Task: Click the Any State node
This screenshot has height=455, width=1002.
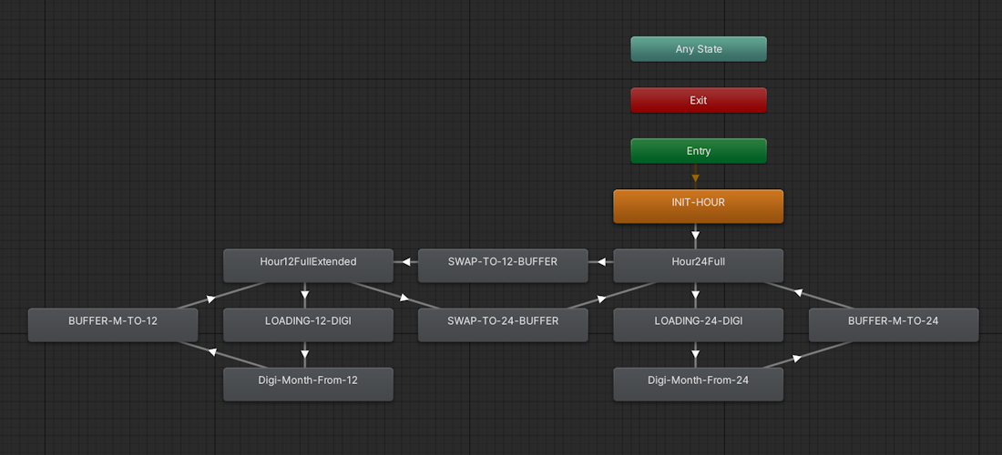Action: click(x=699, y=49)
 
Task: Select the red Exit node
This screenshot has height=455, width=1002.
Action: click(x=699, y=100)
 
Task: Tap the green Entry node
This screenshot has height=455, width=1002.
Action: click(x=699, y=151)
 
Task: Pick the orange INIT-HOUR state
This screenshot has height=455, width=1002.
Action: click(x=699, y=207)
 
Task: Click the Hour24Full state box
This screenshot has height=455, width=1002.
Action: click(x=699, y=266)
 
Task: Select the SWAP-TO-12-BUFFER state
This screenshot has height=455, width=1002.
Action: click(x=503, y=266)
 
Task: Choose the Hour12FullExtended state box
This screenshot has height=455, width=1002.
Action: click(x=308, y=266)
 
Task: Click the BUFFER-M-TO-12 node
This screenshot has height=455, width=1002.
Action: click(x=112, y=325)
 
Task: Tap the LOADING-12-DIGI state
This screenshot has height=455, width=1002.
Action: click(x=308, y=325)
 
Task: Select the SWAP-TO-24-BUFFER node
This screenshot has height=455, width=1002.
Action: click(x=503, y=325)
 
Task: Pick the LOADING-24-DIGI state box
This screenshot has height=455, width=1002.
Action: click(x=699, y=325)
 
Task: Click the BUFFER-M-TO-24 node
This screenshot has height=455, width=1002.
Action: click(x=894, y=325)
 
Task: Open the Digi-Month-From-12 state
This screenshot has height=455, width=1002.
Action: click(x=308, y=384)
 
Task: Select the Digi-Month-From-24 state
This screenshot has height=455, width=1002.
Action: click(x=699, y=384)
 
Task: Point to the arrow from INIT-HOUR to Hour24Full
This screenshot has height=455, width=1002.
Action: click(x=695, y=236)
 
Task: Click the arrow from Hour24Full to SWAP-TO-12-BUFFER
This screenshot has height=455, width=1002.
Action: click(x=600, y=262)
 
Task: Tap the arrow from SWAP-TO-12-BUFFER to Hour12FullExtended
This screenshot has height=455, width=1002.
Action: click(x=405, y=262)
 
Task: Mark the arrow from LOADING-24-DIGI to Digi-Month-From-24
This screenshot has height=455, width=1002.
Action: click(x=695, y=355)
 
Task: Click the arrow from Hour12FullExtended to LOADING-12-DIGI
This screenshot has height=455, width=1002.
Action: click(x=305, y=296)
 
